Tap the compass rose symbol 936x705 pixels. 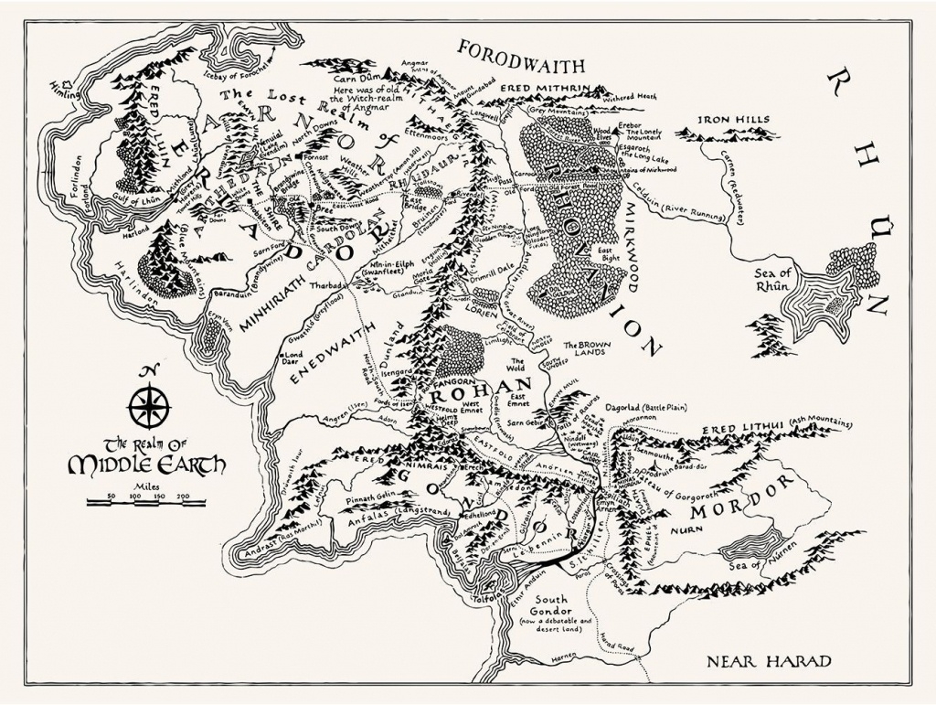[x=144, y=401]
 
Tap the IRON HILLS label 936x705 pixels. [x=733, y=119]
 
